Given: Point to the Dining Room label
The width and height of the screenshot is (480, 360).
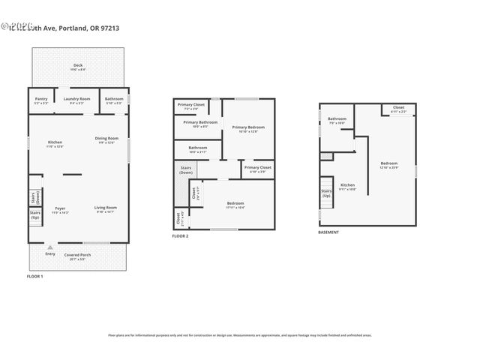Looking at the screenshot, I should [x=106, y=139].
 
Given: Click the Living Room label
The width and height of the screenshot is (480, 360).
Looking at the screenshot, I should [x=105, y=208].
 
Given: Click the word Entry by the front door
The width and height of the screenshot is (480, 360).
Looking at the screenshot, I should [x=50, y=254].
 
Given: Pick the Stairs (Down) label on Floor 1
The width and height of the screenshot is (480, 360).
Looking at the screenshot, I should [x=34, y=196].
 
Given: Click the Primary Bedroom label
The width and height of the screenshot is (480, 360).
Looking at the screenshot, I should [x=247, y=129].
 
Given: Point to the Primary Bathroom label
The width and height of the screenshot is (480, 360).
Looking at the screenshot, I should [x=200, y=123].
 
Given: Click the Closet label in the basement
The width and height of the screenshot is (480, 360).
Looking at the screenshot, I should [x=397, y=109].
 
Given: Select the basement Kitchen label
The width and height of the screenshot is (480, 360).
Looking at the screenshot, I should [x=348, y=186].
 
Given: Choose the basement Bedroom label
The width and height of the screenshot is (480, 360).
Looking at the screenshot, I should [x=388, y=164].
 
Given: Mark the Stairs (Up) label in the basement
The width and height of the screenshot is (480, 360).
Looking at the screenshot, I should [x=326, y=193].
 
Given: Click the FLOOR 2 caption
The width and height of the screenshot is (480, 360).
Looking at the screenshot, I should [x=180, y=236].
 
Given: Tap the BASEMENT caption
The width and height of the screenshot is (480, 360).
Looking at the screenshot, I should [x=328, y=232].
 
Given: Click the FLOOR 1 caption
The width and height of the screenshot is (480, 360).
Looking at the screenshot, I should [x=35, y=277].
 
